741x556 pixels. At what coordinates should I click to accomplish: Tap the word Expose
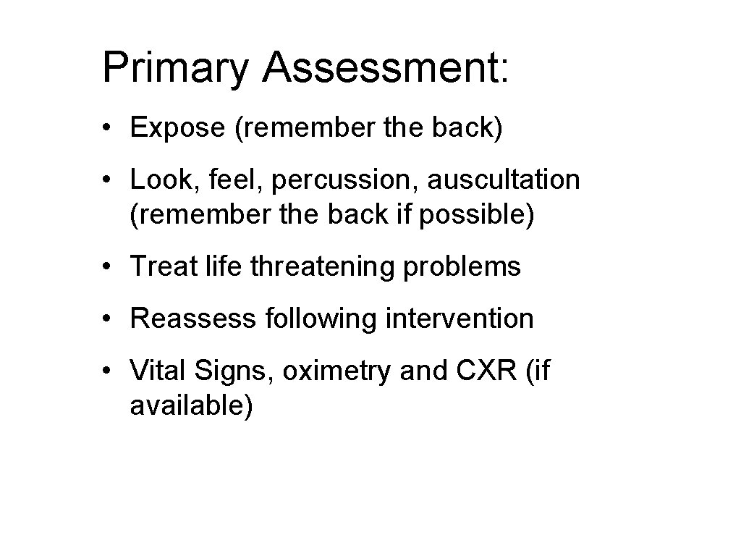point(178,128)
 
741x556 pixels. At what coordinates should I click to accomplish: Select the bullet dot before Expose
point(106,129)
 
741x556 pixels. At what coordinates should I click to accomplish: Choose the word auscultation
point(503,179)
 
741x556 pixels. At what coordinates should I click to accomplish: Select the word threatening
point(323,267)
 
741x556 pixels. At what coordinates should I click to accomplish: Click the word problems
point(462,267)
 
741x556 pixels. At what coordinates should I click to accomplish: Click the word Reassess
point(190,319)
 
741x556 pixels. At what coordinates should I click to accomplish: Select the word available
point(191,406)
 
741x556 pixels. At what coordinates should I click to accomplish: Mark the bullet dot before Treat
point(106,267)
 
